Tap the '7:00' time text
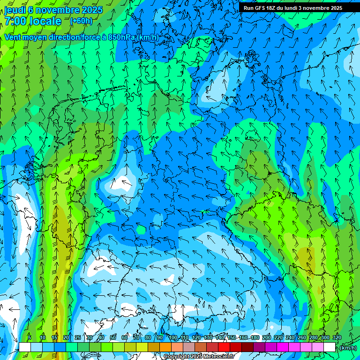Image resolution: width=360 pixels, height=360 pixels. [15, 21]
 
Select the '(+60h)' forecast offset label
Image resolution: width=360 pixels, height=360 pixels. [81, 21]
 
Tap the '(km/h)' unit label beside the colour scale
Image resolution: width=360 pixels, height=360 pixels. [348, 348]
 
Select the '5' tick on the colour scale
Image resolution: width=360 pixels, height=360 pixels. [30, 338]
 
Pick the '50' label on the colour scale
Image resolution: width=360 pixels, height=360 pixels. [113, 338]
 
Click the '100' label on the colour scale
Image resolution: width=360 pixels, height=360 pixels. [173, 338]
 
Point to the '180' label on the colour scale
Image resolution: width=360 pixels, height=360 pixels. [255, 338]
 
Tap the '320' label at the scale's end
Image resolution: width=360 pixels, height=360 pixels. [337, 338]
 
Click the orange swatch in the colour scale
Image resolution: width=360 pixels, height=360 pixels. [165, 347]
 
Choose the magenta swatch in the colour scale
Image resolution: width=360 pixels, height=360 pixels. [283, 347]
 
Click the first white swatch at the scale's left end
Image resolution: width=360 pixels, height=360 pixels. [25, 347]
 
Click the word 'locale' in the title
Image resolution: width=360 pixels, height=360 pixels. [45, 21]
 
